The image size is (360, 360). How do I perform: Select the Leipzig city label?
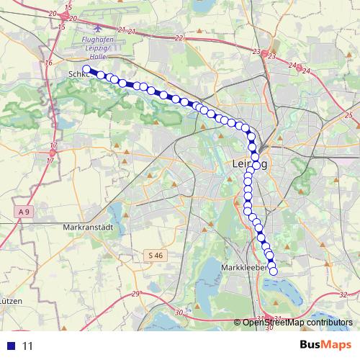tap(250, 164)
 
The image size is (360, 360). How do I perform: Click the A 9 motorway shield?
tap(25, 211)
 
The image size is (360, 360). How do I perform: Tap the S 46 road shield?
tap(156, 255)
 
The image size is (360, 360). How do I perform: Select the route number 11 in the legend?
tap(28, 346)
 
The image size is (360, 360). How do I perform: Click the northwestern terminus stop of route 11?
tap(86, 70)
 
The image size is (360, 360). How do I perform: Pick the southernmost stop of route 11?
tap(273, 270)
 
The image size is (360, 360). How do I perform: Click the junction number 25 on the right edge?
tap(348, 115)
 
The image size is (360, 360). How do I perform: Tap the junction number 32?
tap(343, 294)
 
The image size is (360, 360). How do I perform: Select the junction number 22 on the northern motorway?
tap(179, 37)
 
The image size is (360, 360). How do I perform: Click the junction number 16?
tap(49, 63)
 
